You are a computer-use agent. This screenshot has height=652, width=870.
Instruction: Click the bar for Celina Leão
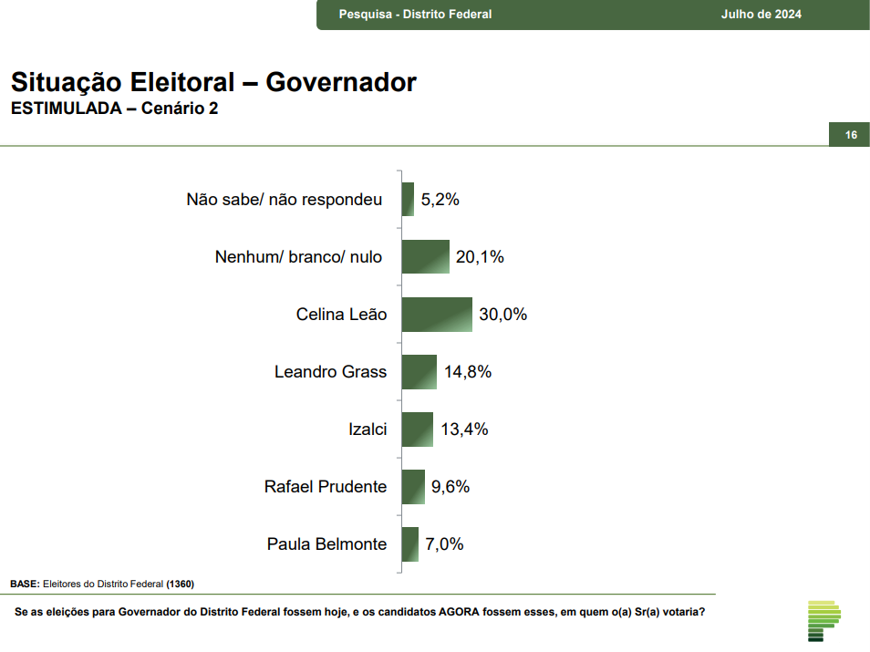coord(437,315)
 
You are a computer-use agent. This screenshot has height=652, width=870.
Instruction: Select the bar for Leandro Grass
coord(419,372)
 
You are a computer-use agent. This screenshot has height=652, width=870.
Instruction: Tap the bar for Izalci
coord(417,429)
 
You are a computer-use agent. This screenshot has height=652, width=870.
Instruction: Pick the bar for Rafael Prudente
coord(413,487)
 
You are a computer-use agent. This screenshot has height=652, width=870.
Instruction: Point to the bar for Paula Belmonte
coord(409,544)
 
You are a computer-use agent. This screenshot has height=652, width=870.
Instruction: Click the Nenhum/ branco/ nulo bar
coord(426,257)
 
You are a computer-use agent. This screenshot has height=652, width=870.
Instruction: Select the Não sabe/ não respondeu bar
coord(408,200)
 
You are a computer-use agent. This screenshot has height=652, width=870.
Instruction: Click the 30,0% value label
coord(503,315)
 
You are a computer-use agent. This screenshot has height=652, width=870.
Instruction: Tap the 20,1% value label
coord(480,257)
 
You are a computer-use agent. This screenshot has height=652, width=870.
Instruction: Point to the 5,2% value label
coord(440,200)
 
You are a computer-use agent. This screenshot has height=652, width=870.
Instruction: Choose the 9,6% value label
coord(451,487)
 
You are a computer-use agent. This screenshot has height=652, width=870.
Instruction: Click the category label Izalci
coord(368,429)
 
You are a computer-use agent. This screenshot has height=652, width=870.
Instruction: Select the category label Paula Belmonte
coord(326,544)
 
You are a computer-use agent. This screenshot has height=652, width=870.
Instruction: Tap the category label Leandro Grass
coord(330,372)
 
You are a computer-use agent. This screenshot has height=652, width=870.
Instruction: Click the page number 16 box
coord(850,135)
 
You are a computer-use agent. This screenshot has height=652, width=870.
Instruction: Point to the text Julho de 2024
coord(761,15)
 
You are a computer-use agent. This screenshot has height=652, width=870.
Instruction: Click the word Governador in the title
coord(341,82)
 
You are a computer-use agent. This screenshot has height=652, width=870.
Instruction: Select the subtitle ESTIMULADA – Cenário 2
coord(115,109)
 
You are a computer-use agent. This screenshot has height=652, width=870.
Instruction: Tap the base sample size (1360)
coord(181,584)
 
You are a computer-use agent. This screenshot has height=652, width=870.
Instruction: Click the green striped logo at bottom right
coord(823,620)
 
